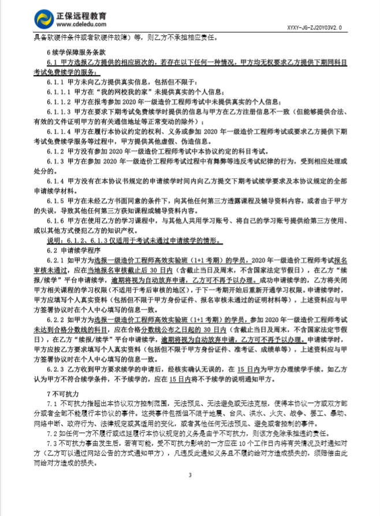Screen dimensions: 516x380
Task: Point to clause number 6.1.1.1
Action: pos(60,92)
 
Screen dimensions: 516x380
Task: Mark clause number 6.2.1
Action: pos(57,260)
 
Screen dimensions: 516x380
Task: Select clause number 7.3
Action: pos(52,442)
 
